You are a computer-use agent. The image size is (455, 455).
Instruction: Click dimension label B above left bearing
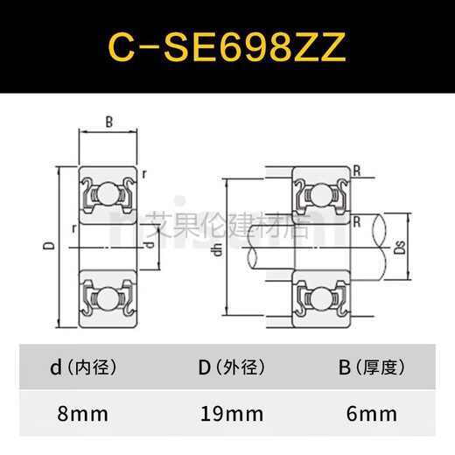[x=108, y=123]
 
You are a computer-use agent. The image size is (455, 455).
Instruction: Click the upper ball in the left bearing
[x=108, y=192]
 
